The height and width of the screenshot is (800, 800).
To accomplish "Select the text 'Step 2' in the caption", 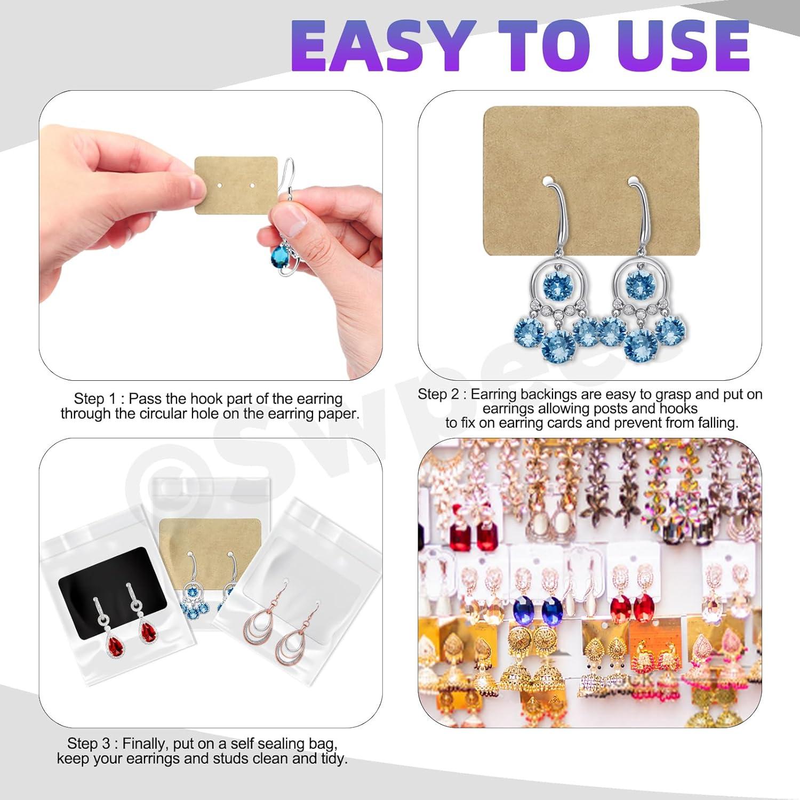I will click(438, 394).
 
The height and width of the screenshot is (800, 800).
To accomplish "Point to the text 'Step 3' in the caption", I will click(89, 743).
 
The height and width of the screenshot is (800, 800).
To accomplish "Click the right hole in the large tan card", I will click(633, 181).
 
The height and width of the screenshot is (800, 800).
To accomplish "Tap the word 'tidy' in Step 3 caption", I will click(334, 758).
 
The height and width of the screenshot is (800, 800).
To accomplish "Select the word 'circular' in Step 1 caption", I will click(164, 413).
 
